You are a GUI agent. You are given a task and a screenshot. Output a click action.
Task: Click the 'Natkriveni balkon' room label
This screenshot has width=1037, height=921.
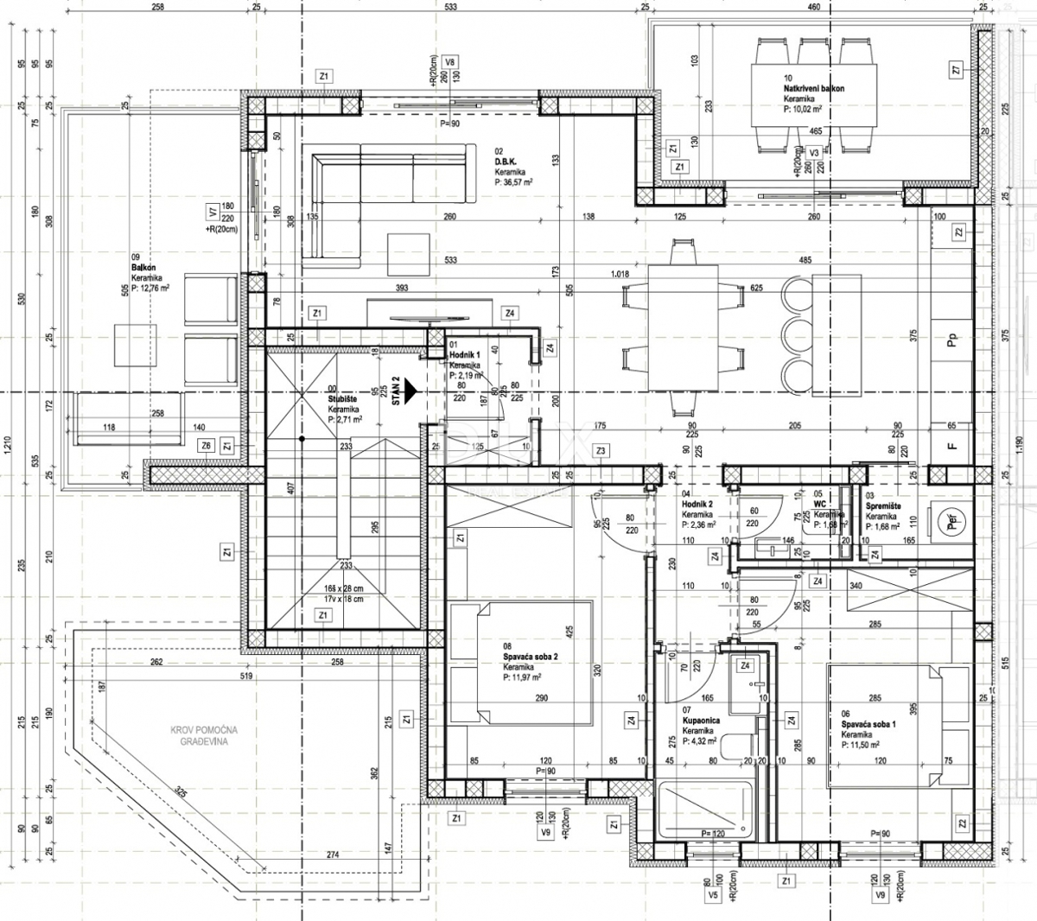point(813,89)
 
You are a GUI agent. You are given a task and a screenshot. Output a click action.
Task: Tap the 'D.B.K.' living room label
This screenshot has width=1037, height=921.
point(506,162)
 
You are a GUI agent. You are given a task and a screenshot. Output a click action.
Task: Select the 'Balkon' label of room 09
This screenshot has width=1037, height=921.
point(143,268)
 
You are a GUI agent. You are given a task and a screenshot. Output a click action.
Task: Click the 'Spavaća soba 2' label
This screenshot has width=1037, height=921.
point(531,657)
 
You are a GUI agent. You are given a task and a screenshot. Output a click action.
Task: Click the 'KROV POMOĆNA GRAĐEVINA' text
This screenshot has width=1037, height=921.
point(204,735)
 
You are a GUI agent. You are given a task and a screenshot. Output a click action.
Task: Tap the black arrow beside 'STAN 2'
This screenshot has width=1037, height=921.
point(410,391)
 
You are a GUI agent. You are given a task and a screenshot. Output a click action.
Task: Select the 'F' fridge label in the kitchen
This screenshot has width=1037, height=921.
point(952,447)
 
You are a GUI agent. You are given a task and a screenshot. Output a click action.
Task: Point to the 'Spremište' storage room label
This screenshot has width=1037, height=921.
point(883,505)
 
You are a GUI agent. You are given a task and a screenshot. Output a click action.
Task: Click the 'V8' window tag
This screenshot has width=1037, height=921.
point(449,62)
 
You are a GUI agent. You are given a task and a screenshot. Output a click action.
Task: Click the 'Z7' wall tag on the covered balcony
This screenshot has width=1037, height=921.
point(955,71)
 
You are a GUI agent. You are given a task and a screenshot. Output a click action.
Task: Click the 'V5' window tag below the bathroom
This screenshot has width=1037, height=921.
point(713,897)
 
